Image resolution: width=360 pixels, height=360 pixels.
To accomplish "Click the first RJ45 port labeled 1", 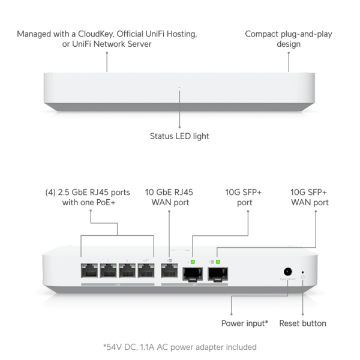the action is (x=89, y=271).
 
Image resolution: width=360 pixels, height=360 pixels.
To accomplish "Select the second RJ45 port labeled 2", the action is (x=109, y=271).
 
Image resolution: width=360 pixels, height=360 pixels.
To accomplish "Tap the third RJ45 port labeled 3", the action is (x=127, y=271).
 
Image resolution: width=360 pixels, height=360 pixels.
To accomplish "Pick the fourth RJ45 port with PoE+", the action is (x=146, y=271).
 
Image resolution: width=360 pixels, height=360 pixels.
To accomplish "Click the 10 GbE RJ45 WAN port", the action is (x=169, y=271).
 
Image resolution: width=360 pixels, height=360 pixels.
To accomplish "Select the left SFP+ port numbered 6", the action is (x=193, y=274).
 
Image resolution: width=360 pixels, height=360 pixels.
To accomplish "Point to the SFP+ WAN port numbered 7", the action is (x=218, y=274).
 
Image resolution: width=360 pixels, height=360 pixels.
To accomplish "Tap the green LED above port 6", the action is (x=193, y=262).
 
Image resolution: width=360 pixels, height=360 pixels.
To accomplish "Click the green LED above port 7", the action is (x=218, y=262).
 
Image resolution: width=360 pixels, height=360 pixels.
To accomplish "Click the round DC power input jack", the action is (x=287, y=272).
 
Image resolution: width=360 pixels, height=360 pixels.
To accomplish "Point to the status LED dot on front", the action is (x=179, y=88).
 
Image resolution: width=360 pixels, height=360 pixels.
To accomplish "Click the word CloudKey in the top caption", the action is (x=96, y=34).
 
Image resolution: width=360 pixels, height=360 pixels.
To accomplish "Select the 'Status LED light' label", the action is (x=179, y=136).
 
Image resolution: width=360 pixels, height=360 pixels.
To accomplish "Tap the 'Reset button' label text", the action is (x=302, y=323).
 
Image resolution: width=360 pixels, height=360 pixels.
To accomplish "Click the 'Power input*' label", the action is (x=245, y=323).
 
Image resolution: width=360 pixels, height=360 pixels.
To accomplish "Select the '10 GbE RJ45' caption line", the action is (x=169, y=192).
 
